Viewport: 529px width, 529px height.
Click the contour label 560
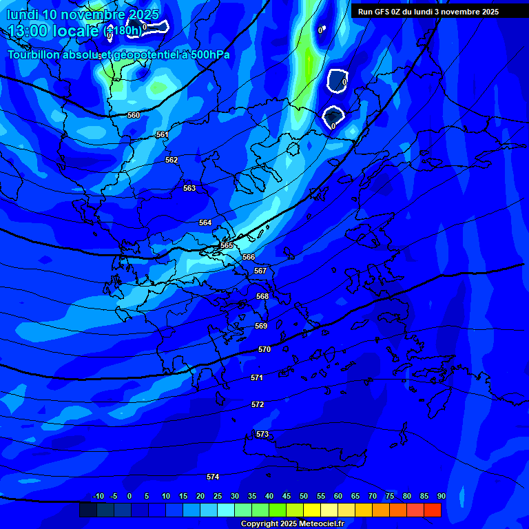pos(134,115)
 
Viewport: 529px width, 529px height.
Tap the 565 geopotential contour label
pos(227,245)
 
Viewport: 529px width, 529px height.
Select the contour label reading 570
pos(264,349)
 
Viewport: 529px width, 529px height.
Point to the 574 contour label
pos(213,477)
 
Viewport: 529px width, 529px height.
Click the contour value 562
pos(172,160)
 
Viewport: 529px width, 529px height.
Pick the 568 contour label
pos(262,296)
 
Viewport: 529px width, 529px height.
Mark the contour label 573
pos(262,434)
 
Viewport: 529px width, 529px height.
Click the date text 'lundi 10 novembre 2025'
pos(83,14)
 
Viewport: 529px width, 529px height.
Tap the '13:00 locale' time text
pos(54,30)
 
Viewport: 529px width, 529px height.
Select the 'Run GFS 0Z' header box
pos(428,11)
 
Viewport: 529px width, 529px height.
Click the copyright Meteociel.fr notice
pos(292,523)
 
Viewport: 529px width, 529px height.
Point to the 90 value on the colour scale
pos(441,496)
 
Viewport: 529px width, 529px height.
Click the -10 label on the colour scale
pos(98,496)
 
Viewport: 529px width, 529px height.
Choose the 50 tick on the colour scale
pos(304,496)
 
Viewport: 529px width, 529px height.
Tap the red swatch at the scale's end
pos(433,510)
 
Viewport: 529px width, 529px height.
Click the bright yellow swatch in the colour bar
pos(312,510)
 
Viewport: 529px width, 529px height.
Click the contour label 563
pos(189,188)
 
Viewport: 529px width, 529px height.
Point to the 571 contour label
pos(257,377)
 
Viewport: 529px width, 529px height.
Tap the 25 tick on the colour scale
pos(218,496)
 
